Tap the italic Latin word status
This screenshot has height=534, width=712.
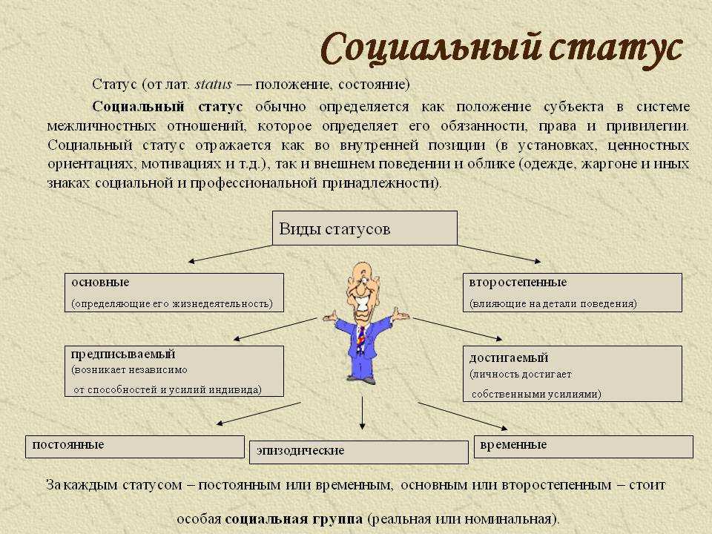tap(214, 85)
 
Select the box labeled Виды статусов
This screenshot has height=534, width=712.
tap(365, 228)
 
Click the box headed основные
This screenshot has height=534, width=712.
tap(174, 292)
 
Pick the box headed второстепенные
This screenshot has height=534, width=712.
tap(572, 292)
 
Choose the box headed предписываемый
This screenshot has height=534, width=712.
tap(174, 371)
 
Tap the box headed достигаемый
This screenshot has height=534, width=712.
tap(572, 374)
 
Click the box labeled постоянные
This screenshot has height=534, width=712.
tap(135, 446)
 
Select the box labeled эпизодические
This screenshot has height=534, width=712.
tap(359, 452)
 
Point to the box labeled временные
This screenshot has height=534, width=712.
tap(584, 446)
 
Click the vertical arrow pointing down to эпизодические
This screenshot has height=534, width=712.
tap(362, 413)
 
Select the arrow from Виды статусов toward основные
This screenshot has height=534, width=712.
tap(230, 254)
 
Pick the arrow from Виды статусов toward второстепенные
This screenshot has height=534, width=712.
tap(499, 254)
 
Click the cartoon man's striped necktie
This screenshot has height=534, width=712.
tap(361, 339)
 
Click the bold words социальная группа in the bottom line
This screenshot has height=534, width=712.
tap(294, 519)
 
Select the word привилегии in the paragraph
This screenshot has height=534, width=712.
tap(647, 126)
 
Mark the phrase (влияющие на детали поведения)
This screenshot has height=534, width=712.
tap(553, 304)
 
